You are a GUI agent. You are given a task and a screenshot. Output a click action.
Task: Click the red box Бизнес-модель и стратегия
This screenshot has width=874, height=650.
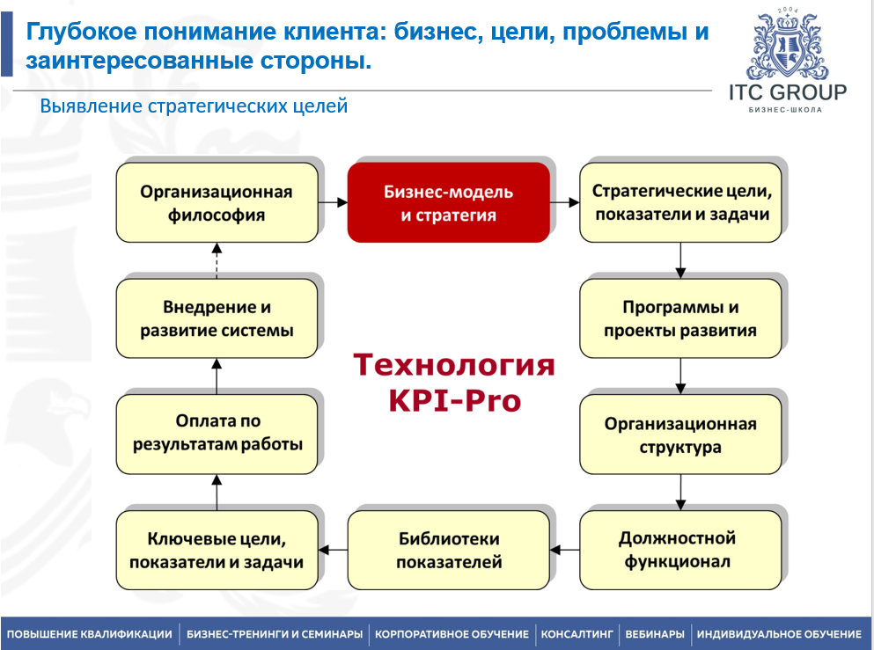click(448, 202)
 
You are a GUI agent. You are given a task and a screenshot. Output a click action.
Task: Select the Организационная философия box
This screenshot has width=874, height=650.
click(217, 202)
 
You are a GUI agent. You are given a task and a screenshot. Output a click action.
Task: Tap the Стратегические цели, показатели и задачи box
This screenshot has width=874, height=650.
click(680, 202)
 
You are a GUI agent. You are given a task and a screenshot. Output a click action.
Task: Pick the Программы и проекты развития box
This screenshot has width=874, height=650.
click(680, 318)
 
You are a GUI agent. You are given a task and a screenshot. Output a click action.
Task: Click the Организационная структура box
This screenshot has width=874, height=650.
click(680, 435)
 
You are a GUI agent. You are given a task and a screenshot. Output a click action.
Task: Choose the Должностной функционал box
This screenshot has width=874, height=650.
click(680, 550)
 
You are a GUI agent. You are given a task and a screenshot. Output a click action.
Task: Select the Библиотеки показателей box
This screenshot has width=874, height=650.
click(448, 550)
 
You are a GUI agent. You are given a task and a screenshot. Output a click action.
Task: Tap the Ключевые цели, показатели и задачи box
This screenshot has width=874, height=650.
click(217, 550)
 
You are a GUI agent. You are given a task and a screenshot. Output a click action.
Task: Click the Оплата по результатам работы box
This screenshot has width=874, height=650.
click(217, 434)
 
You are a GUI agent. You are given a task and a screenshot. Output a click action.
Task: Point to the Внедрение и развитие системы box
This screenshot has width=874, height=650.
click(217, 318)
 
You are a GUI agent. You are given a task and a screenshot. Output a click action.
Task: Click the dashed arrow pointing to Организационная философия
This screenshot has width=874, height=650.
click(217, 260)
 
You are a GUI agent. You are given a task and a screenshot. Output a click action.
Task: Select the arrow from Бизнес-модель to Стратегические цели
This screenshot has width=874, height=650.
click(564, 202)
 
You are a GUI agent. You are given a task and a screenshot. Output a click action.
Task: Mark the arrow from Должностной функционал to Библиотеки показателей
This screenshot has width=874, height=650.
click(564, 550)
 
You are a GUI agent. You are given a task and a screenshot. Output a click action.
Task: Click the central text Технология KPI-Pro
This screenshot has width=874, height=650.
click(454, 382)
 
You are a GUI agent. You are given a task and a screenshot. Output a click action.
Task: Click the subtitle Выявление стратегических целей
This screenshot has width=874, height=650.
click(195, 106)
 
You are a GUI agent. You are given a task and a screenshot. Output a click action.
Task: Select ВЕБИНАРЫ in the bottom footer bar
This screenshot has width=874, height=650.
click(654, 633)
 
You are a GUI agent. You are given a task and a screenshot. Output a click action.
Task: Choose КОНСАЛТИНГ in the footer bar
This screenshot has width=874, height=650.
click(577, 633)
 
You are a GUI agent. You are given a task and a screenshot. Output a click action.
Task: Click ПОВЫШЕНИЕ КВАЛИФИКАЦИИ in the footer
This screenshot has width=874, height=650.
click(90, 633)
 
